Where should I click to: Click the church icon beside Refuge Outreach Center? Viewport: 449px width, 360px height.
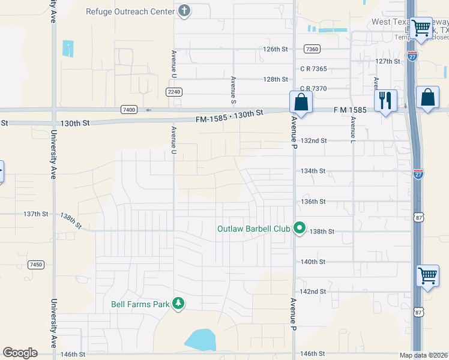pyautogui.click(x=184, y=11)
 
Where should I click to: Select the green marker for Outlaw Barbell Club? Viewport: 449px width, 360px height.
pyautogui.click(x=299, y=229)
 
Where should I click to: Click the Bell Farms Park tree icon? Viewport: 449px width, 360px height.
pyautogui.click(x=178, y=304)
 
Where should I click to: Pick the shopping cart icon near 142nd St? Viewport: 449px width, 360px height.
pyautogui.click(x=427, y=276)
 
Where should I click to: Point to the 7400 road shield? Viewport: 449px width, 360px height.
pyautogui.click(x=128, y=109)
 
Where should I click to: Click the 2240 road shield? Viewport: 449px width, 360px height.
pyautogui.click(x=174, y=91)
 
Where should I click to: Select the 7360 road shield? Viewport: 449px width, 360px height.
pyautogui.click(x=312, y=49)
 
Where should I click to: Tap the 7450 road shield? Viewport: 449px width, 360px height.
pyautogui.click(x=35, y=265)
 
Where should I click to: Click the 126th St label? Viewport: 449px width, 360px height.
pyautogui.click(x=276, y=49)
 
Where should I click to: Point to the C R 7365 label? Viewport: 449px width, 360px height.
pyautogui.click(x=313, y=69)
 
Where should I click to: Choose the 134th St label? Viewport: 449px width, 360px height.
pyautogui.click(x=313, y=171)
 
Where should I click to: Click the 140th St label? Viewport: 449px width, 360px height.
pyautogui.click(x=313, y=262)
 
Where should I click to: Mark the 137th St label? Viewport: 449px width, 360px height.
pyautogui.click(x=35, y=214)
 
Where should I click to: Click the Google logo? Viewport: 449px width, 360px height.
pyautogui.click(x=20, y=353)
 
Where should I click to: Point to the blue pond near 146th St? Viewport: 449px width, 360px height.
pyautogui.click(x=200, y=340)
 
